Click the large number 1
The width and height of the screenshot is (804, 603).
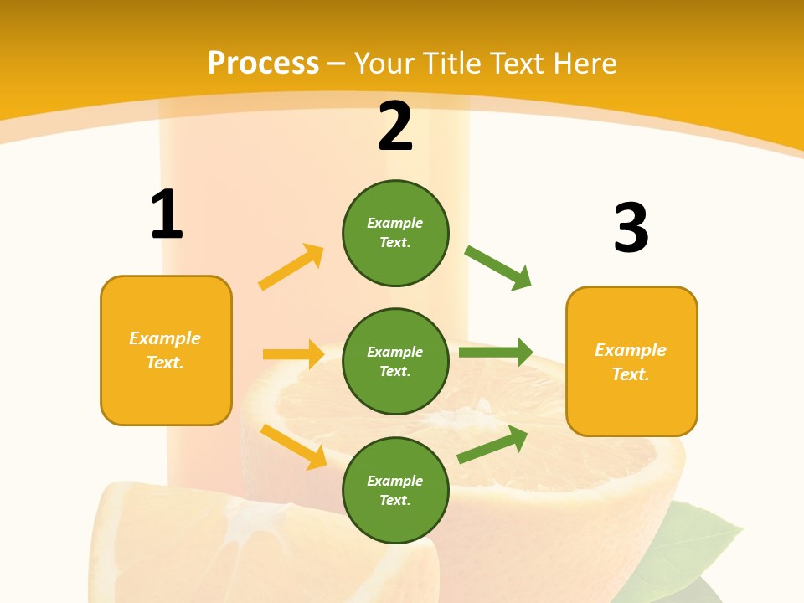tap(167, 214)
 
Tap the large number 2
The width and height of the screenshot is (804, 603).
tap(395, 127)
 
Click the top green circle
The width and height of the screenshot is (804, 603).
tap(395, 233)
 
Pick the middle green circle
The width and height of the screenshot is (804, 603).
tap(395, 361)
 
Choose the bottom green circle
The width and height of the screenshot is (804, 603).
tap(395, 490)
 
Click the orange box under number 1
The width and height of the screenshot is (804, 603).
tap(166, 350)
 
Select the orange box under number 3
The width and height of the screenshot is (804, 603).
tap(631, 361)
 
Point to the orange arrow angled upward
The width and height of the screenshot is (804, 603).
tap(291, 267)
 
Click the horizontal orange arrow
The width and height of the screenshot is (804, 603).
tap(293, 354)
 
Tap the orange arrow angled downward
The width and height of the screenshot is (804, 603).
tap(293, 446)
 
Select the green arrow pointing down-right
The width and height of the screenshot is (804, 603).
tap(497, 267)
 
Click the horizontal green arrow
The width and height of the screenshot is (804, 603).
tap(495, 352)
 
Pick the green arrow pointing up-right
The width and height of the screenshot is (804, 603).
tap(492, 444)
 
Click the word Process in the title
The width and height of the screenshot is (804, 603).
tap(263, 63)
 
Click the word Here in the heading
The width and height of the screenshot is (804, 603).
tap(585, 63)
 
